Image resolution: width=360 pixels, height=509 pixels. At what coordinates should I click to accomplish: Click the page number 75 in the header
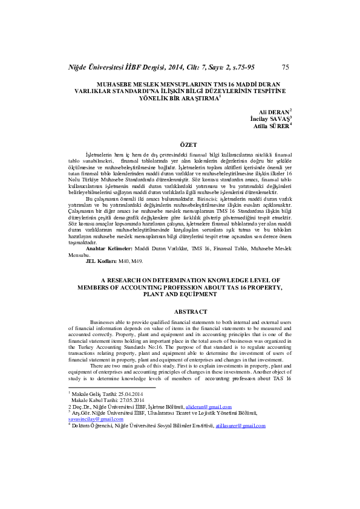pyautogui.click(x=285, y=67)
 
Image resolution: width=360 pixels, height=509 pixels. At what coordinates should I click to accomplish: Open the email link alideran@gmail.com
pyautogui.click(x=209, y=408)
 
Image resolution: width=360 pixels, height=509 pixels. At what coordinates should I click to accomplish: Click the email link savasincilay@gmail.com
pyautogui.click(x=91, y=420)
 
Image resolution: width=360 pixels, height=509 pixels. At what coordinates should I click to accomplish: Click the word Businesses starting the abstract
pyautogui.click(x=104, y=323)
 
